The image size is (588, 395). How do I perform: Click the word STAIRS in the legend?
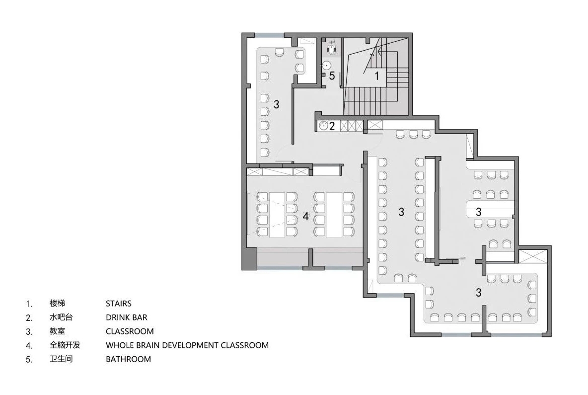point(119,304)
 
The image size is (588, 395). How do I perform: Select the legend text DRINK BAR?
point(126,317)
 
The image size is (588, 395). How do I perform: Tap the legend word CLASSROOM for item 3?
point(130,331)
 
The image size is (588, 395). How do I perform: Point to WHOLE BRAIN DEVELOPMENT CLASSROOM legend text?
point(187,345)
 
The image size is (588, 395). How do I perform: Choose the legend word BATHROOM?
point(128,359)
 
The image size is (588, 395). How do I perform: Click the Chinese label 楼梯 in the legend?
point(58,303)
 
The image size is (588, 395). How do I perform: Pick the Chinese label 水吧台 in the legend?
point(61,317)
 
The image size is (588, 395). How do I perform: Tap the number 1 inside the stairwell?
point(377,76)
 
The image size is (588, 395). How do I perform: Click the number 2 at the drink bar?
point(332,126)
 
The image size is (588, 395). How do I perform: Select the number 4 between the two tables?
point(306,216)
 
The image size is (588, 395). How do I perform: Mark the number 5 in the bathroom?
point(332,76)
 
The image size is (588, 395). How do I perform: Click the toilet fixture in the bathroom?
point(331,47)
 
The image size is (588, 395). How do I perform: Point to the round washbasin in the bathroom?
point(327,65)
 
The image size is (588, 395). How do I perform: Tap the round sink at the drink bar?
point(323,126)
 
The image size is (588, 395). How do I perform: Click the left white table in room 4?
point(278,215)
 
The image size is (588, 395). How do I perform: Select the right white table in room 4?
point(334,215)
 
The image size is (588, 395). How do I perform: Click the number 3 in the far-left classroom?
point(277,104)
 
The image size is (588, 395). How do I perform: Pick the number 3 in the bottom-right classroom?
point(479,292)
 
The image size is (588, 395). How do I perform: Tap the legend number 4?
point(29,346)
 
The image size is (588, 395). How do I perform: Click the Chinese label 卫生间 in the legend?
point(61,359)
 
